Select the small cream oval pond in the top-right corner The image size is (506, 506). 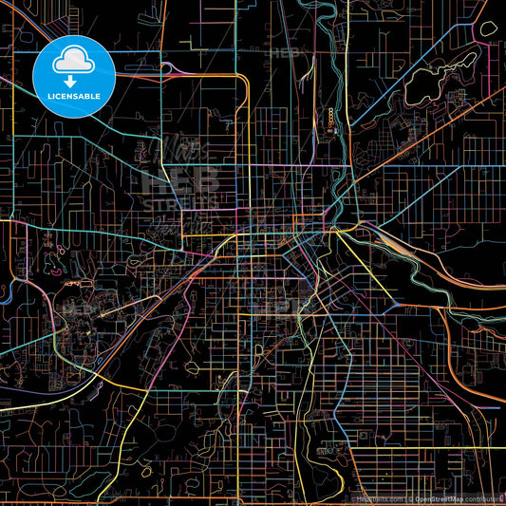pyautogui.click(x=488, y=28)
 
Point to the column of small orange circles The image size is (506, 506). pyautogui.click(x=330, y=119)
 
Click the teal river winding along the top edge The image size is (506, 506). pyautogui.click(x=309, y=14)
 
